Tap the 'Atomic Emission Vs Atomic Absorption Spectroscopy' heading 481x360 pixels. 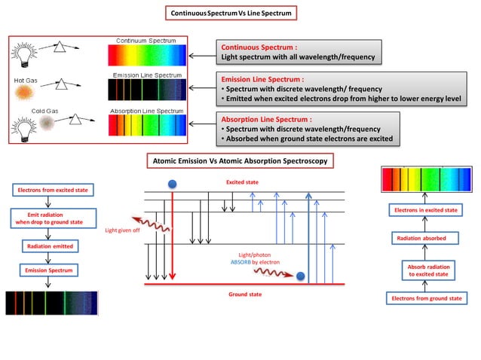(240, 161)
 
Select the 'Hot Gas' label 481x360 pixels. (26, 79)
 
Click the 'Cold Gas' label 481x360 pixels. (44, 111)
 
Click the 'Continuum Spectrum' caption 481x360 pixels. (146, 40)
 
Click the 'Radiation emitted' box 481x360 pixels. (48, 246)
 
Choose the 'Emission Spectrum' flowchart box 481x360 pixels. (48, 269)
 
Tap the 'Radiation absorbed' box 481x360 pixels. (421, 238)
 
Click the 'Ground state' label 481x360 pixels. (245, 294)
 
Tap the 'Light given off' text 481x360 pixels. (122, 230)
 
